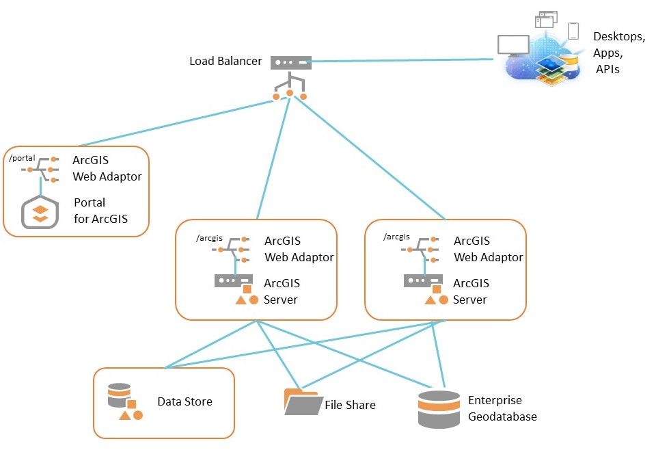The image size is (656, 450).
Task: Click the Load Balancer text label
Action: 225,62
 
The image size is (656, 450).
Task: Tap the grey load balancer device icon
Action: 290,62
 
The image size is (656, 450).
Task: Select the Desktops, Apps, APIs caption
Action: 618,52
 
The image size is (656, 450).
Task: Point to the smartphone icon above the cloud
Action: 573,31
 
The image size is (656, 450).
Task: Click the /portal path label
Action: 23,158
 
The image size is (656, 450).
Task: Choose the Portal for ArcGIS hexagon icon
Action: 40,211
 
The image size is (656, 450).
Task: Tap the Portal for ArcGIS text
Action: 100,211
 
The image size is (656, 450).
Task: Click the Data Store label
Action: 184,401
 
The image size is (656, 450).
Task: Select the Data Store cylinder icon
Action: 119,395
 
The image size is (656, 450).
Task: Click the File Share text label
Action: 350,405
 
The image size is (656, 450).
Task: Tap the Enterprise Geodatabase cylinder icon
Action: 439,409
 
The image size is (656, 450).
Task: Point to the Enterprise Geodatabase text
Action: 502,408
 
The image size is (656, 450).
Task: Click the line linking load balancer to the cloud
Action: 403,61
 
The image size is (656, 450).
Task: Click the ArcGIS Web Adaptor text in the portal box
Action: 107,169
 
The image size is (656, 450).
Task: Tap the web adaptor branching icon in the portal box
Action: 42,168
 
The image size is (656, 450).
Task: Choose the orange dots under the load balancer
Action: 290,94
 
